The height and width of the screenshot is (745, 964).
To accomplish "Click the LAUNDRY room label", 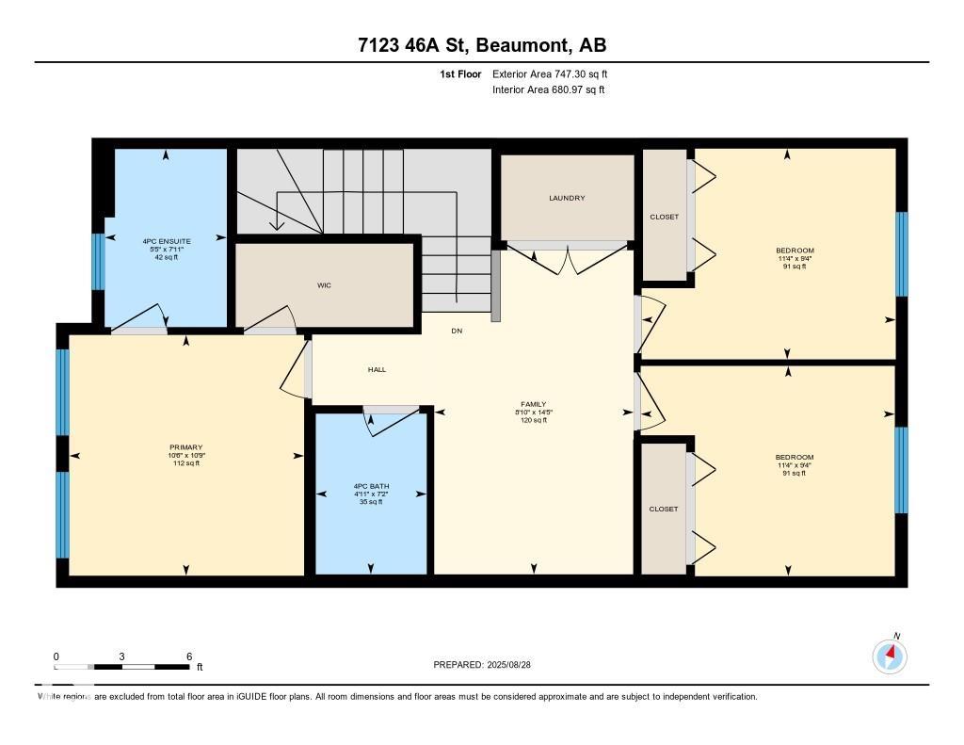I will tap(567, 198).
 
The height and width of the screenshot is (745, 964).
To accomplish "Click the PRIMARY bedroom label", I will tap(185, 447).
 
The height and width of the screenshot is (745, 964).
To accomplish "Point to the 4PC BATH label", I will tap(369, 487).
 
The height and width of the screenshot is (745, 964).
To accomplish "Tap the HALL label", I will tap(377, 369).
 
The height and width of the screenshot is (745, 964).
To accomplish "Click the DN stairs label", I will tap(457, 331).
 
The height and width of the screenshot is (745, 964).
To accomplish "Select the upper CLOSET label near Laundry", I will tap(664, 217).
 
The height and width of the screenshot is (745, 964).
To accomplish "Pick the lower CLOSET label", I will tap(664, 509).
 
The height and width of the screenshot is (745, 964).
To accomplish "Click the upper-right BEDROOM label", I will tap(789, 251).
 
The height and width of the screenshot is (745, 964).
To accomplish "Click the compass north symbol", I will tap(890, 655).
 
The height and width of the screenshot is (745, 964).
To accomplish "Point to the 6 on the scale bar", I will tap(189, 656).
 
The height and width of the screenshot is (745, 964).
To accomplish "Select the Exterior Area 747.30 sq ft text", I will tap(556, 73).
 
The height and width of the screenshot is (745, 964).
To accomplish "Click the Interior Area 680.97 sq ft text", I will tap(549, 90).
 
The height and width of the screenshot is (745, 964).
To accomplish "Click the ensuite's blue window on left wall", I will tap(97, 261).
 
